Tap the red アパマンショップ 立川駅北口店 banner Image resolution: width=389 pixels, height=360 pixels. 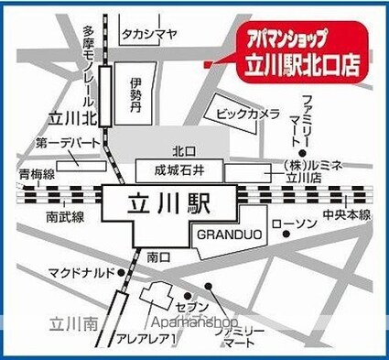pyautogui.click(x=303, y=52)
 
